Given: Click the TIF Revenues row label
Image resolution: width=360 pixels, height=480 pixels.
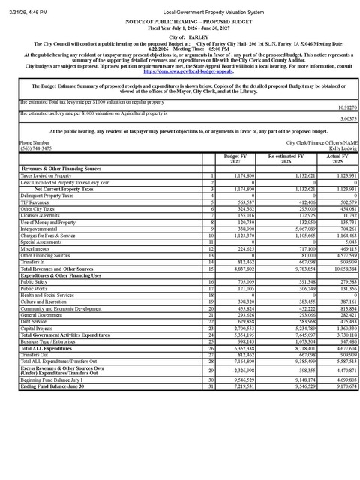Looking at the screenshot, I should (x=36, y=202).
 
